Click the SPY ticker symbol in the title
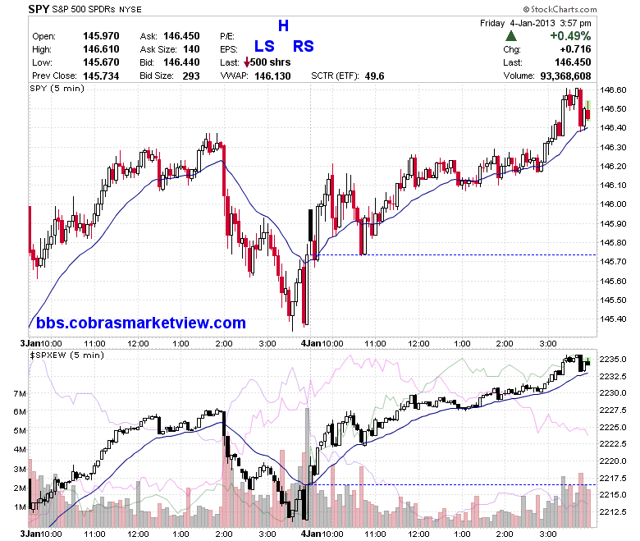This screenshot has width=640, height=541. (x=39, y=9)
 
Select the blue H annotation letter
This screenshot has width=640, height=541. (x=283, y=25)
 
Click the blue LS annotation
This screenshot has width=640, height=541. (x=264, y=46)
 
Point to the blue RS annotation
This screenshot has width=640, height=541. (x=304, y=46)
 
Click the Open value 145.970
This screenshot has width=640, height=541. (x=101, y=36)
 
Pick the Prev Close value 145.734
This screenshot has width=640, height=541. (x=101, y=76)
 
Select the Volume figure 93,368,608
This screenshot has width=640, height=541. (x=565, y=76)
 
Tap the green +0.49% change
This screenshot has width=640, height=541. (x=570, y=36)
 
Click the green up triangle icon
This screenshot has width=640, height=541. (x=511, y=36)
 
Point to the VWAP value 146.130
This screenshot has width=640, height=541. (x=272, y=76)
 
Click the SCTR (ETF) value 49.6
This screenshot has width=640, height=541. (x=375, y=76)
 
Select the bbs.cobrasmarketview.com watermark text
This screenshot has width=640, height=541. (x=141, y=323)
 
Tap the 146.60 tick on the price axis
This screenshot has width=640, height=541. (x=613, y=89)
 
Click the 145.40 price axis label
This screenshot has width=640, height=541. (x=613, y=319)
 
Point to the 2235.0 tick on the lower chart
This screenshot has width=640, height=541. (x=613, y=360)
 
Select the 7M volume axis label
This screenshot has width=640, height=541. (x=20, y=393)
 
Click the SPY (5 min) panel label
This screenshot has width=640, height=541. (x=57, y=89)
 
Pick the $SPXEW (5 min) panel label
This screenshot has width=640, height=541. (x=67, y=355)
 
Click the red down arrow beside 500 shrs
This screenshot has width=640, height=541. (x=246, y=63)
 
